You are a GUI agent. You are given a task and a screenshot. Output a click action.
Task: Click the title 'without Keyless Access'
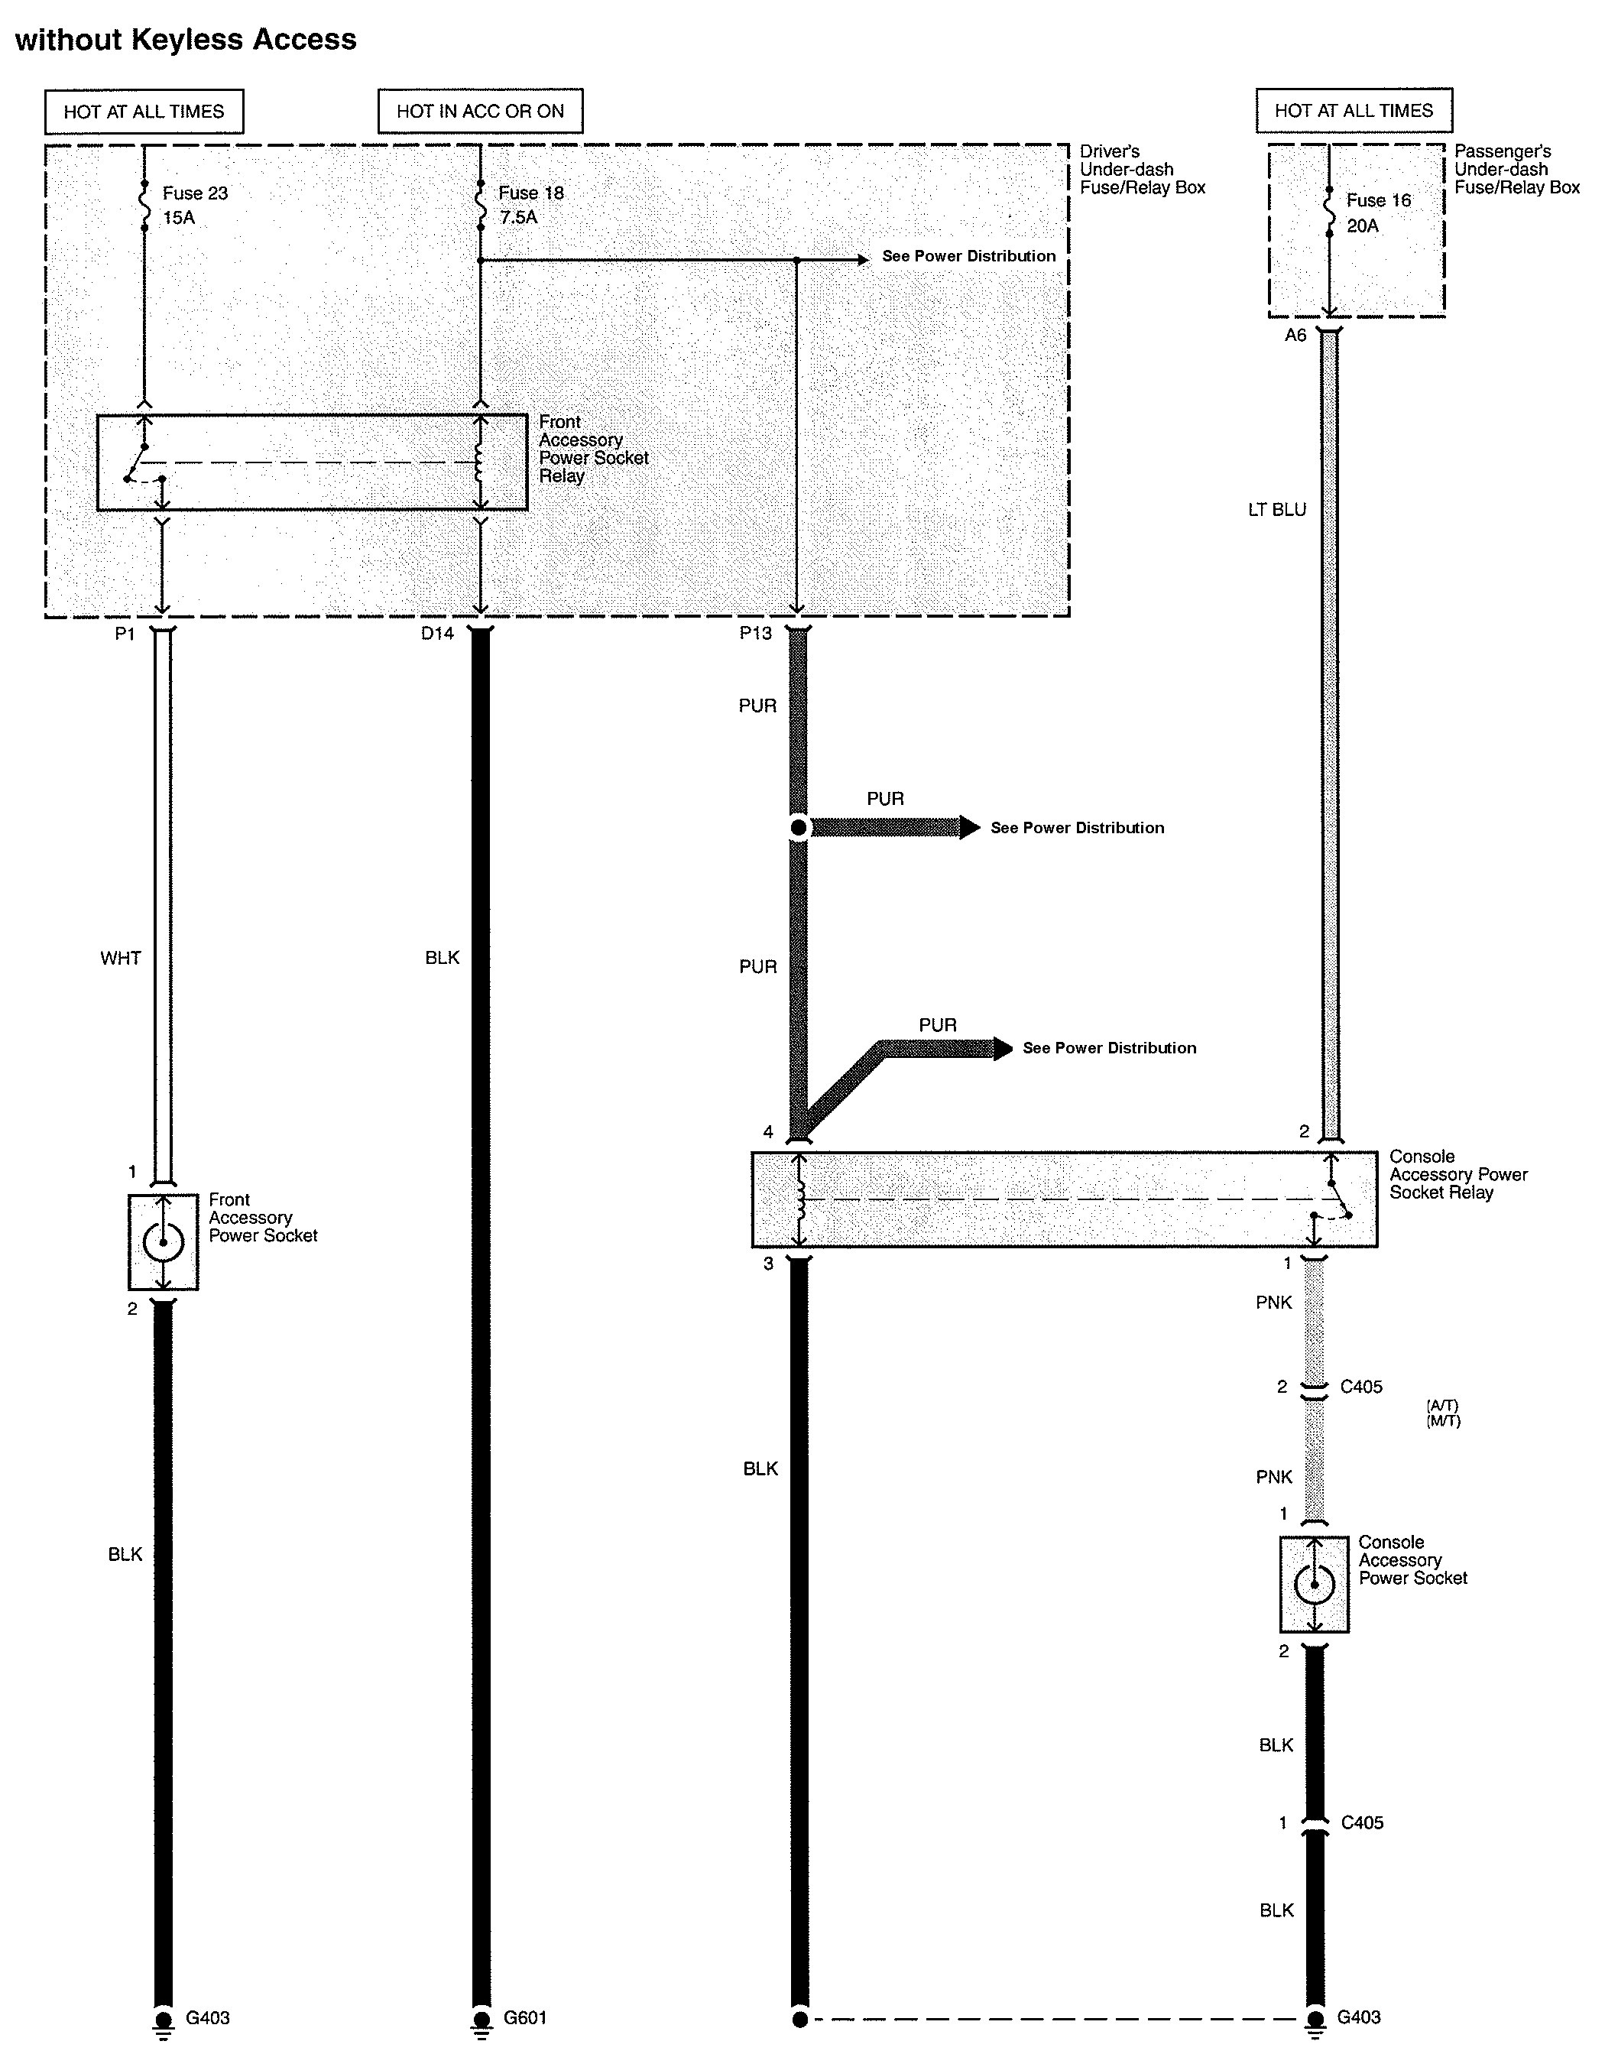(186, 40)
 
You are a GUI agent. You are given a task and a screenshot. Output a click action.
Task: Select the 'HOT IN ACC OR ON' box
(480, 111)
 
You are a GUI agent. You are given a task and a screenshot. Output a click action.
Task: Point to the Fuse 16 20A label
(1378, 213)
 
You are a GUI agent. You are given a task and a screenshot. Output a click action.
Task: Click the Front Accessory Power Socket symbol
(163, 1241)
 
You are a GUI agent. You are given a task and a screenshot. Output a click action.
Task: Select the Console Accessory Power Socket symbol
(1314, 1583)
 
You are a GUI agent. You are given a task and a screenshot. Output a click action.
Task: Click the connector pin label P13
(755, 633)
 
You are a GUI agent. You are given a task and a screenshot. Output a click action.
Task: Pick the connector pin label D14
(437, 633)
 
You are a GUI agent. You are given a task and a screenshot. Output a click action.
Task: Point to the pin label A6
(1295, 335)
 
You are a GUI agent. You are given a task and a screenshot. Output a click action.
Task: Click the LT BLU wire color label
(1276, 509)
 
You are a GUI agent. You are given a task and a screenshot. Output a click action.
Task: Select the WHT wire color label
(120, 958)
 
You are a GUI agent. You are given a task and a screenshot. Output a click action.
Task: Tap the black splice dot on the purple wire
(799, 828)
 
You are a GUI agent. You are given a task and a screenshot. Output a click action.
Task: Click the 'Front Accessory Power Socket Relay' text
(593, 449)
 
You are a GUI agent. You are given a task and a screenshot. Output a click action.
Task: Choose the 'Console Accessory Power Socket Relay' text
(1457, 1174)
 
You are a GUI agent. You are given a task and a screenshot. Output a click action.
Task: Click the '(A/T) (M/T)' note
(1443, 1413)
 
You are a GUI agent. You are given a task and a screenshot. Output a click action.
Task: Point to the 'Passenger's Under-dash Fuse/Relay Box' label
(1516, 170)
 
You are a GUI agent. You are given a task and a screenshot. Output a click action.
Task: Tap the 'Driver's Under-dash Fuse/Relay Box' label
(1143, 170)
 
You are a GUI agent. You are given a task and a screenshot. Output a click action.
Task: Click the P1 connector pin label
(125, 633)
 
